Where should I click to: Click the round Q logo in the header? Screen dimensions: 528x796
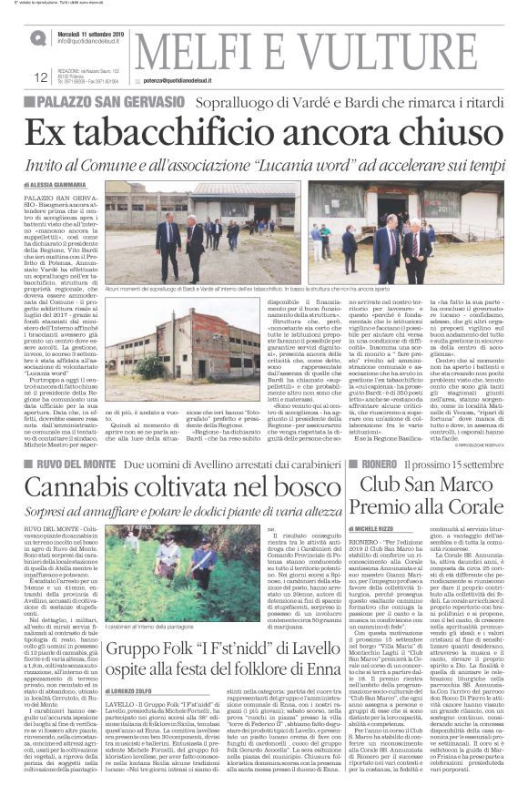click(37, 38)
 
